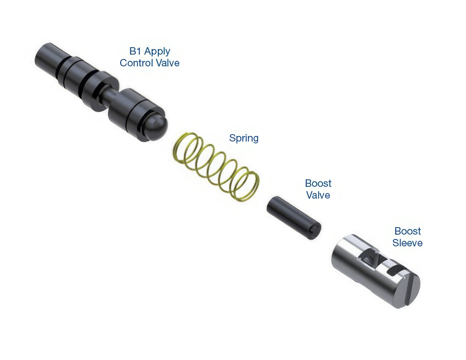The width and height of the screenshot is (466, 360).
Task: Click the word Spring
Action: click(x=244, y=138)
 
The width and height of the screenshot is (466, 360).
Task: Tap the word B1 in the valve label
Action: click(x=135, y=51)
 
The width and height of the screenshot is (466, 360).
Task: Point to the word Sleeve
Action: click(x=408, y=243)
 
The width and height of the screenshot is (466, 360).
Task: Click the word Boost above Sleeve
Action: click(x=408, y=231)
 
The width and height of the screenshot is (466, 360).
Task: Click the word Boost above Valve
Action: click(x=318, y=183)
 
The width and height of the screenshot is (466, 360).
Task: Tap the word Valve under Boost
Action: click(x=318, y=195)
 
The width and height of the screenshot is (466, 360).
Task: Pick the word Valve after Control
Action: click(x=168, y=63)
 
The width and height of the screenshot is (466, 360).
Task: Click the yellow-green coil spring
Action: click(x=216, y=167)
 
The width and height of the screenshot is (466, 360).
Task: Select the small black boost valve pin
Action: click(x=294, y=218)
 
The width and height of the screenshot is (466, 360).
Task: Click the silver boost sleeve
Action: click(x=376, y=271)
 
